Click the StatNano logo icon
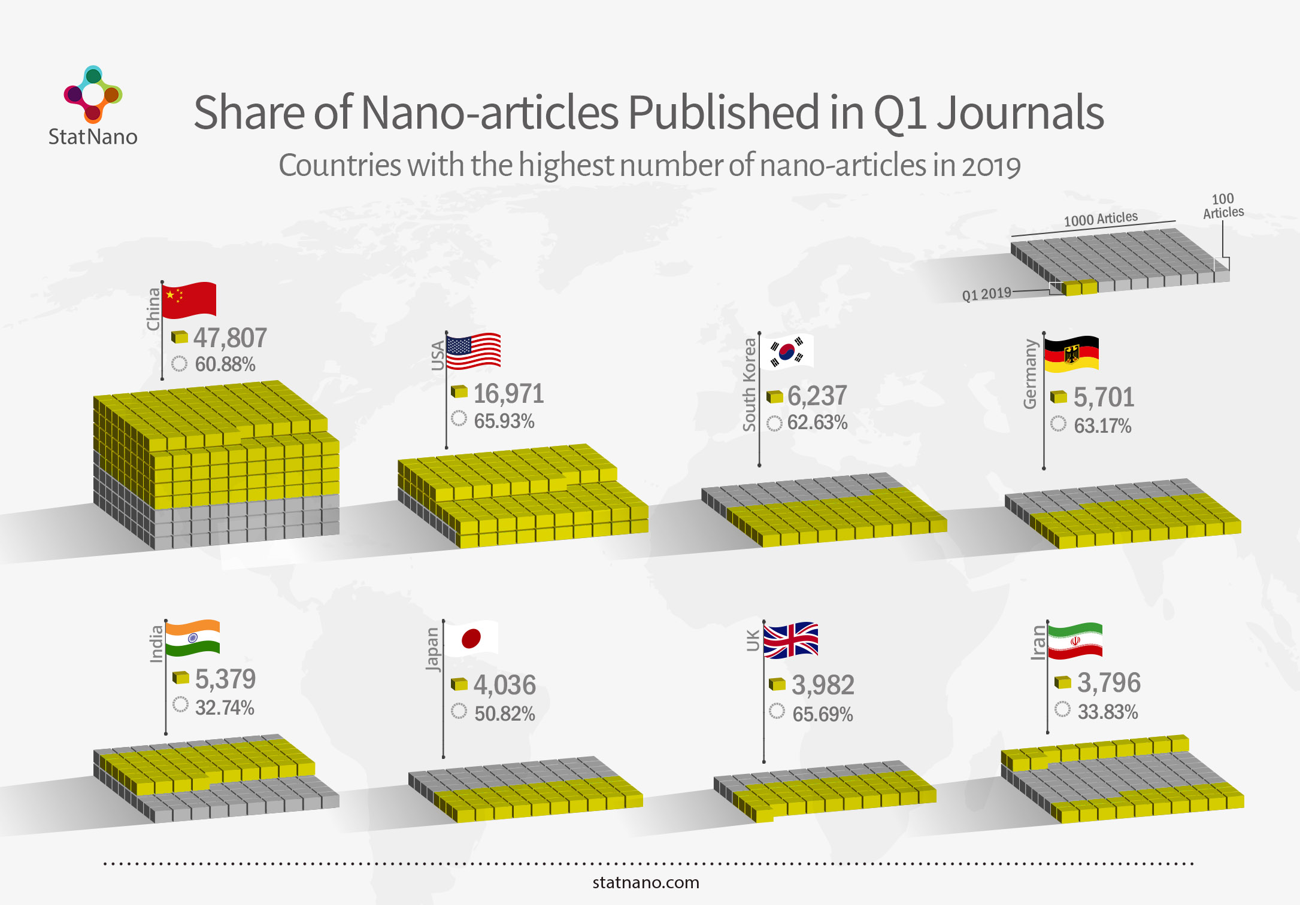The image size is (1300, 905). coord(93,93)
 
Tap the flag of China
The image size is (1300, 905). coord(189,299)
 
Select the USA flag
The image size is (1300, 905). coord(473,351)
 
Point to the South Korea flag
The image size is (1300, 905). coord(787,351)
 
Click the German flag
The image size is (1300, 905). coord(1072,354)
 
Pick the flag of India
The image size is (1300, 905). coord(193,638)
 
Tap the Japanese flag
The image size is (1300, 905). coord(471,638)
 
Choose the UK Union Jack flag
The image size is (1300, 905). coord(791,640)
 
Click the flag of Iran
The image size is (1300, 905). coord(1075,640)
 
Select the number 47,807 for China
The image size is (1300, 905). coord(230,338)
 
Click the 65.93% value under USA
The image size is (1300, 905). coord(504,421)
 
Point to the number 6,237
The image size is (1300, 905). coord(817,396)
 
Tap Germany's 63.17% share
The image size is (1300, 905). coord(1102,426)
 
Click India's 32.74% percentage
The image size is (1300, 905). coord(225,707)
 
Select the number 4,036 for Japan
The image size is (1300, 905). coord(505,685)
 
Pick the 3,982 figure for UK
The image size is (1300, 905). coord(823,685)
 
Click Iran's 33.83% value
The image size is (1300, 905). coord(1108,712)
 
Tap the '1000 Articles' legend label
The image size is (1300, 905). coord(1101,219)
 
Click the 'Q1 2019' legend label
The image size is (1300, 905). coord(986,294)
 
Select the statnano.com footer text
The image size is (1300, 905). coord(646,882)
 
